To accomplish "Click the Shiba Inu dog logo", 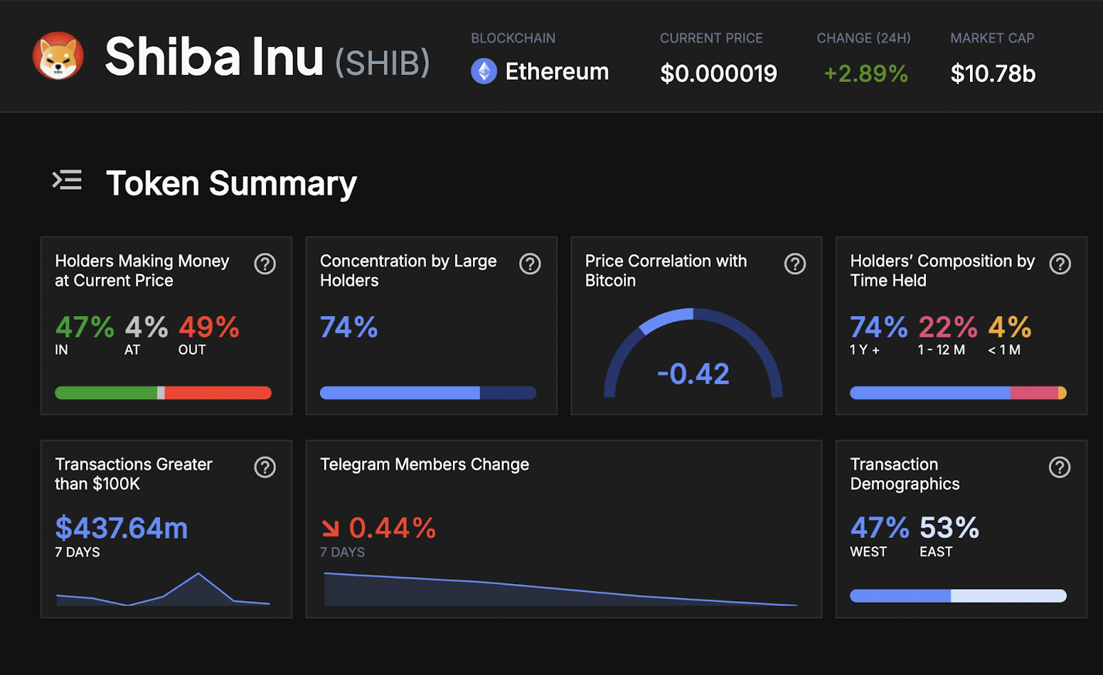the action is [58, 56].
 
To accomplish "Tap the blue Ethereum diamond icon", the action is [483, 72].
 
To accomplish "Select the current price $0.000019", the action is [718, 73].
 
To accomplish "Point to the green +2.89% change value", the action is [866, 73].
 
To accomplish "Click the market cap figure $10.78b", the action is [993, 73].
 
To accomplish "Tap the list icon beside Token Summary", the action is [67, 180].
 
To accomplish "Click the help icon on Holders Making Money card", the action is [265, 264].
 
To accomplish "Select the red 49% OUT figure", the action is [209, 326].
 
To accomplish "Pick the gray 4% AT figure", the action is [146, 326].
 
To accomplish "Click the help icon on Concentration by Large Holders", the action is [530, 264].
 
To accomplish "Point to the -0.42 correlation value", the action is [693, 374].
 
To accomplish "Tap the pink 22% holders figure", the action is [947, 326].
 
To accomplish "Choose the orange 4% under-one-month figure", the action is [1009, 326].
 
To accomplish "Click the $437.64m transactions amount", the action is [121, 528].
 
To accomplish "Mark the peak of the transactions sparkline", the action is [199, 573].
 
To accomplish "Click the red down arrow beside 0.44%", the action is [330, 528].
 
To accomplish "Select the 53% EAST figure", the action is [949, 528].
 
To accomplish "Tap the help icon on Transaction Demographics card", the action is [1060, 467].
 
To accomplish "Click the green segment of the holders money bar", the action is [106, 393].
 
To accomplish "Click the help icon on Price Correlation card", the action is [795, 264].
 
